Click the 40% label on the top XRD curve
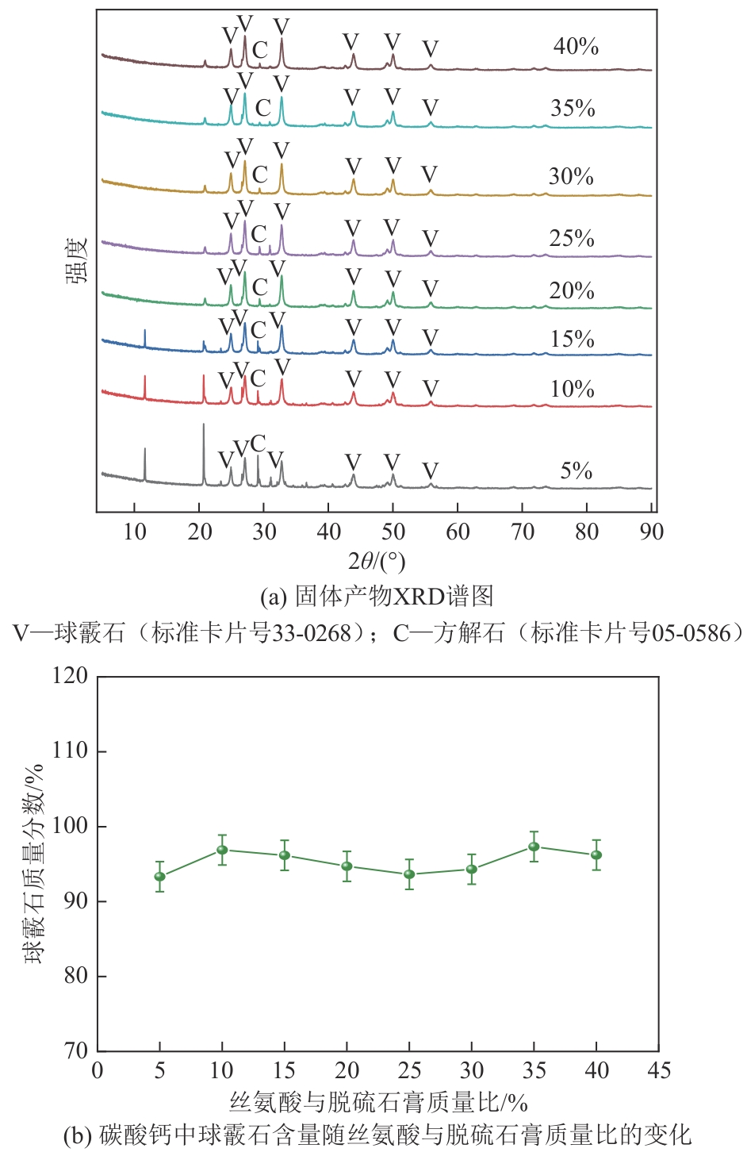576,46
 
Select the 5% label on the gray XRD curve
576,470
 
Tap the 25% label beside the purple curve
572,238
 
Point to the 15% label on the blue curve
572,339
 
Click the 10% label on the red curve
572,389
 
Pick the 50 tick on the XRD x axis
393,531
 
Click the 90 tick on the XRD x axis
651,531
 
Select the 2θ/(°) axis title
377,562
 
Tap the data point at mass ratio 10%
222,850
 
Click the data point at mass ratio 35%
534,847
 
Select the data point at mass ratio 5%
159,877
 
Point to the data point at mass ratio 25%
409,874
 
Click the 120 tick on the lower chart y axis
70,676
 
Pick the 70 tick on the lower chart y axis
76,1050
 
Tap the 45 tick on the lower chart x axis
658,1071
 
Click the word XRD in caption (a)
417,595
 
